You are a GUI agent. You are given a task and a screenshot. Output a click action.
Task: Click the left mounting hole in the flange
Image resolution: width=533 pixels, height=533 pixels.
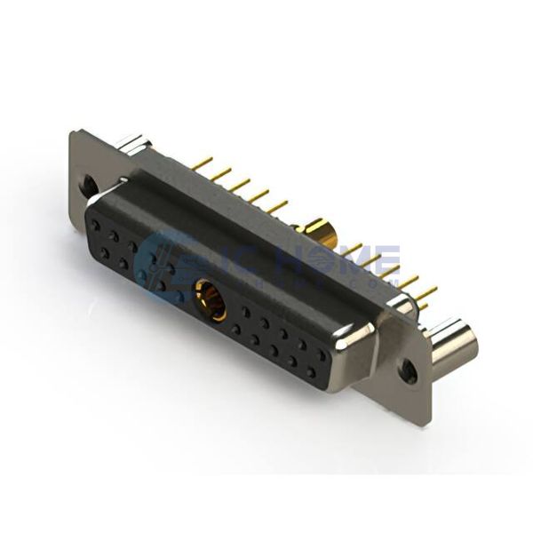pos(90,185)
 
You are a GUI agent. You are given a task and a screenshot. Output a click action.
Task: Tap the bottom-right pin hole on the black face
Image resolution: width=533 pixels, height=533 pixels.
pos(310,373)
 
